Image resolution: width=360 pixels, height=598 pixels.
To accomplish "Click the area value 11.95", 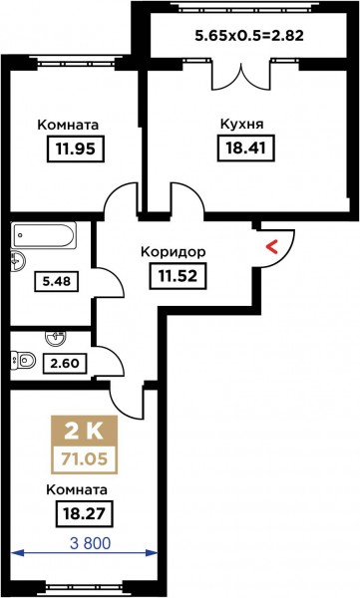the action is tap(76, 149).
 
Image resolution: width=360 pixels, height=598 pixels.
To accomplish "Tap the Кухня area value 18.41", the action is tap(246, 148).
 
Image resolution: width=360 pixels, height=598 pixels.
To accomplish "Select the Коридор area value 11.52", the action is tap(178, 276).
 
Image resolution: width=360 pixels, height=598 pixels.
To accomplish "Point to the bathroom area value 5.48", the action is tap(57, 281).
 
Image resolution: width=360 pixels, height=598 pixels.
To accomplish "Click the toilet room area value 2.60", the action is tap(65, 363).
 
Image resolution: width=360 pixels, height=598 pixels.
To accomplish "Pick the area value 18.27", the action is tap(84, 513).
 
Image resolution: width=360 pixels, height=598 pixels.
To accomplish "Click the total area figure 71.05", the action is tap(85, 458).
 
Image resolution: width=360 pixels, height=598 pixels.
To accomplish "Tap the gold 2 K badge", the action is tap(85, 432).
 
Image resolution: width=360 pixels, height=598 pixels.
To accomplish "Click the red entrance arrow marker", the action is tap(271, 247).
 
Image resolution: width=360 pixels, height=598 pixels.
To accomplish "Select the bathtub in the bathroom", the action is tap(43, 234).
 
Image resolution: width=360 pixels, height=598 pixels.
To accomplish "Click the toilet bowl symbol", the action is tap(23, 360).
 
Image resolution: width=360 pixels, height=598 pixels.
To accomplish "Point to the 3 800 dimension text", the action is tap(91, 543).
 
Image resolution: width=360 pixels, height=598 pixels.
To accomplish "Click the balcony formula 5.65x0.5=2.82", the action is tap(249, 36).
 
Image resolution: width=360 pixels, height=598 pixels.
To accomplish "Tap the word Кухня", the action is tap(242, 125).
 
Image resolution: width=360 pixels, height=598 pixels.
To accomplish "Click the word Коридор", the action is tap(174, 252).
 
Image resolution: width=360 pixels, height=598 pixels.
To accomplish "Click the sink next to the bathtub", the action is tap(17, 261).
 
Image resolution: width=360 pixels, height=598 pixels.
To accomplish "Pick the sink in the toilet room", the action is tap(56, 337).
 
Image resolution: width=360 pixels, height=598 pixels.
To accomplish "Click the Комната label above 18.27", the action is tap(77, 489).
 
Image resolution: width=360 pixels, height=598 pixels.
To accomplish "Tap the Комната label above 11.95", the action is tap(68, 125).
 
